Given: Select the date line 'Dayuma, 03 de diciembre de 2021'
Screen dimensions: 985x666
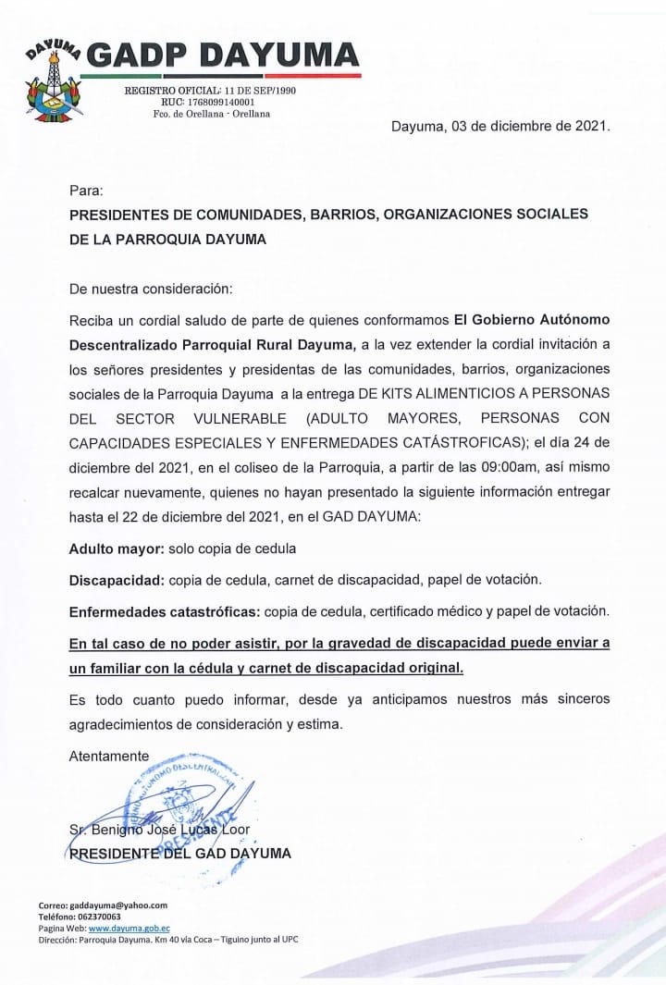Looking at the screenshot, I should coord(500,126).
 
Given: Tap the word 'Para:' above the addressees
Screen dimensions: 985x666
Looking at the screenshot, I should coord(87,190).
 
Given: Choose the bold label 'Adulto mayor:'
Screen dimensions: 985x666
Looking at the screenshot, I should coord(117,548).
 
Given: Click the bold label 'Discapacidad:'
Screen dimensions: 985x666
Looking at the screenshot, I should coord(116,580).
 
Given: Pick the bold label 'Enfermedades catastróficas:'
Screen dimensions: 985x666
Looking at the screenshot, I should coord(165,611).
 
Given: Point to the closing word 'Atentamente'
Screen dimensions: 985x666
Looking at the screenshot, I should coord(109,756).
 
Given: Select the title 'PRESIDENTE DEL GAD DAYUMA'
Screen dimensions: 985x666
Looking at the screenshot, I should coord(180,853).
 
